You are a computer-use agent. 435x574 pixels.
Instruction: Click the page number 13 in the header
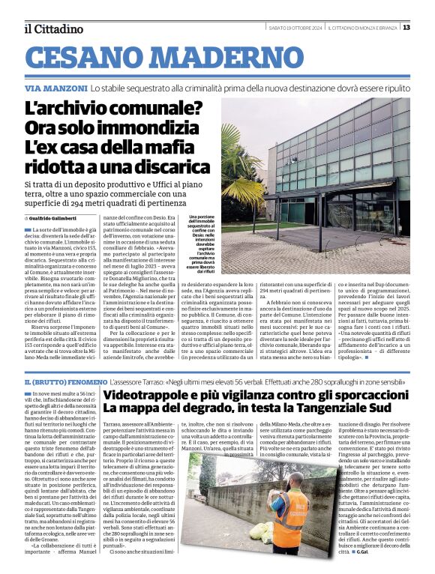point(406,28)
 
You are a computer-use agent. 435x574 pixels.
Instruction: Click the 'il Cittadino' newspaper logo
point(54,29)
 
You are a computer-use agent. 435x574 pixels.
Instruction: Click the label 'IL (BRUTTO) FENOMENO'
point(64,382)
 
